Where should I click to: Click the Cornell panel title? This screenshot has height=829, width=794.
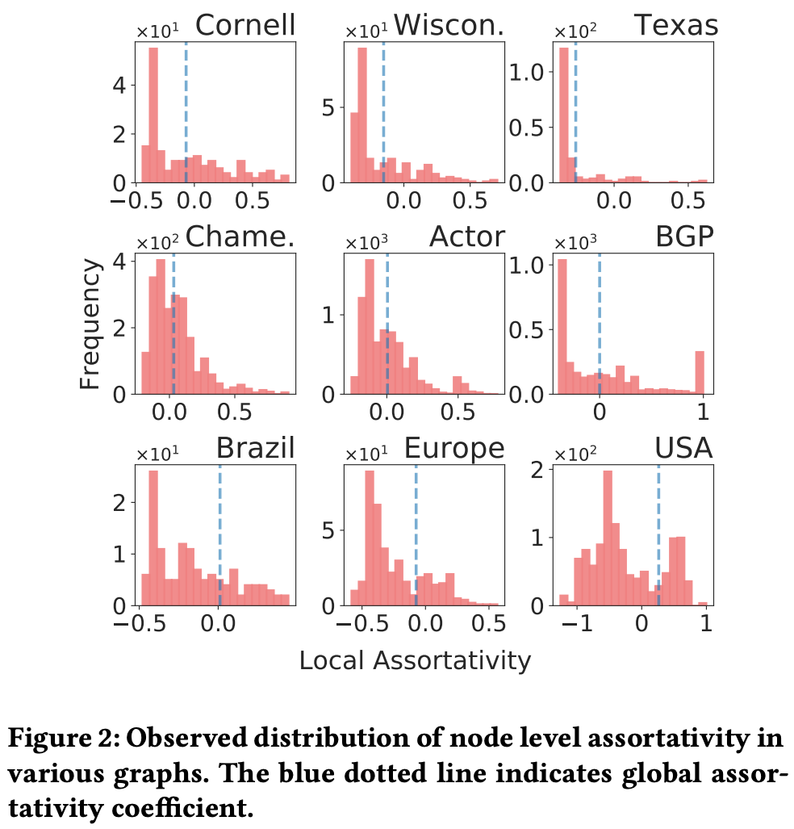click(245, 26)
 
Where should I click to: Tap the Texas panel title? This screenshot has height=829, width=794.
click(676, 26)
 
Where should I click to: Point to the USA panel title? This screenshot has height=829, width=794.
click(684, 448)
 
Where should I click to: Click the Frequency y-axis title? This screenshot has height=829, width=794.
click(90, 324)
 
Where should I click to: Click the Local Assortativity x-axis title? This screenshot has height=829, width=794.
click(415, 660)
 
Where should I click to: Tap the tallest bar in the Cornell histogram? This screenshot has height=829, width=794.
click(153, 115)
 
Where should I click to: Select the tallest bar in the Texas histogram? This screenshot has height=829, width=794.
click(563, 115)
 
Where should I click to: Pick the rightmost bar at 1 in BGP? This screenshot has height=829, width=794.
click(700, 372)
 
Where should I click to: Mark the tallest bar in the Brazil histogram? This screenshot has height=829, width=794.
click(153, 538)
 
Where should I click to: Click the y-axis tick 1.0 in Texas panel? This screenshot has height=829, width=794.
click(530, 73)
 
